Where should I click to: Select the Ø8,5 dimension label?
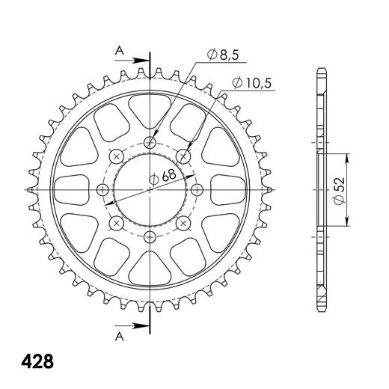point(220,55)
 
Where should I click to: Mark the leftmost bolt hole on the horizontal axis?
point(103,189)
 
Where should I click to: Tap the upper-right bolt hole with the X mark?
point(184,156)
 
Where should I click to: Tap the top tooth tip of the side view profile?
point(322,70)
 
